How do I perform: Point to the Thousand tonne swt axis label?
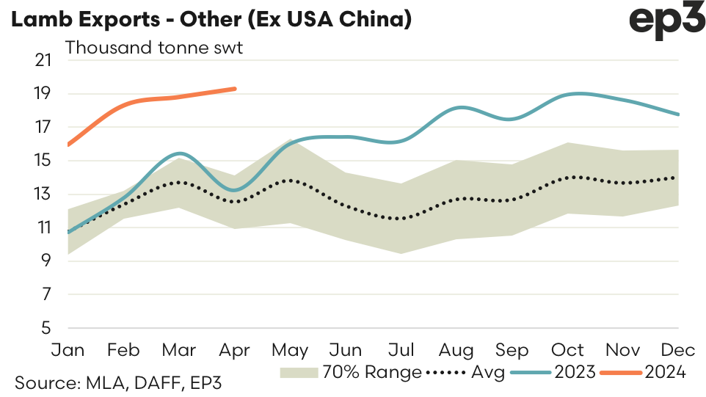[x=154, y=49]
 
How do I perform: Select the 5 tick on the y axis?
[x=47, y=328]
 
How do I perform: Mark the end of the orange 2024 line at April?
[x=235, y=89]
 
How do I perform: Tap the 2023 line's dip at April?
[x=234, y=190]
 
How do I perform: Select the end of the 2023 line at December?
[x=679, y=114]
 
